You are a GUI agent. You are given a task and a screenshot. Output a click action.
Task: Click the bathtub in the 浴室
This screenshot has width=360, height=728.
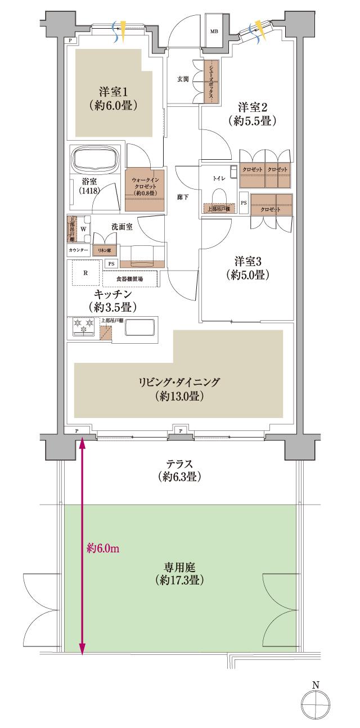[x=93, y=161]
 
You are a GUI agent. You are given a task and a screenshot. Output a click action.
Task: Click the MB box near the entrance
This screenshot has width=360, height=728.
[x=214, y=32]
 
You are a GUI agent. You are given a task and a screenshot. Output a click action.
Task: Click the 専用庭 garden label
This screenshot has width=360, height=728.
[x=180, y=572]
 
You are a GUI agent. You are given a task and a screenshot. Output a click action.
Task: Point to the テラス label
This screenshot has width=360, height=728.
[x=180, y=470]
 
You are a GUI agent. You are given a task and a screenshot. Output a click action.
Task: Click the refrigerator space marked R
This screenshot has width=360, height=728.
[x=85, y=273]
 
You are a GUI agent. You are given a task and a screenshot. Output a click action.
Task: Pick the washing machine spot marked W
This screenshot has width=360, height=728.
[x=84, y=229]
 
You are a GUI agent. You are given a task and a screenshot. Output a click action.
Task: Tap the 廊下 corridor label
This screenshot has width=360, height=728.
[x=183, y=198]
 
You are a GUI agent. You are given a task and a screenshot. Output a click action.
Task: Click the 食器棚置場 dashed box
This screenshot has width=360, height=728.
[x=130, y=278]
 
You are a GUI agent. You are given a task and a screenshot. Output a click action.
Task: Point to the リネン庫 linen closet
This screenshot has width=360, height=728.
[x=105, y=249]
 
